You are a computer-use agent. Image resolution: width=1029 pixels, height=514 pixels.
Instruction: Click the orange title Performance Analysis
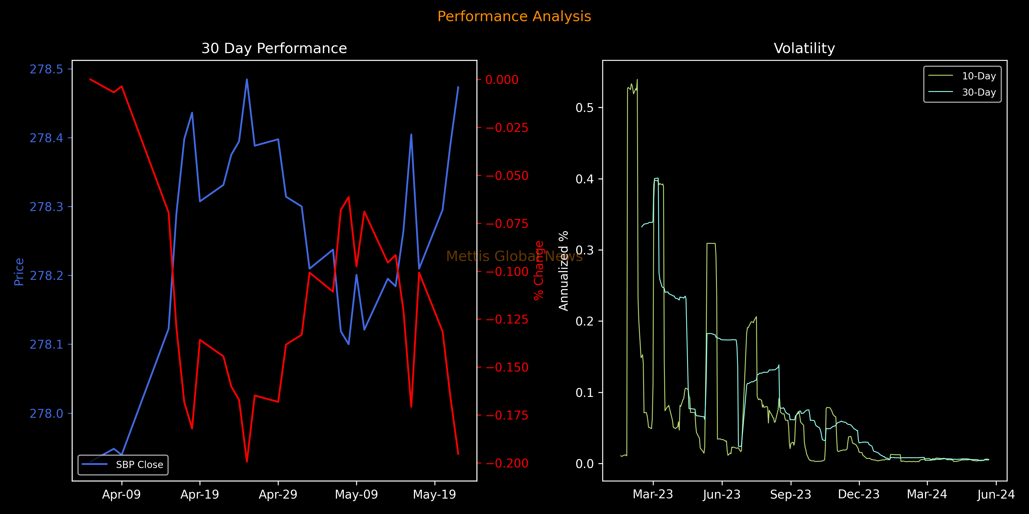coord(514,16)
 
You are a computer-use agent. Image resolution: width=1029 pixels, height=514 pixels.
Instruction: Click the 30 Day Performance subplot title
coord(274,48)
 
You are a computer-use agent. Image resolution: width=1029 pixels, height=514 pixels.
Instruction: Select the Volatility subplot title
coord(804,48)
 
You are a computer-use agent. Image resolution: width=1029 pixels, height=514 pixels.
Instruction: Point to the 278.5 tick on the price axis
coord(46,69)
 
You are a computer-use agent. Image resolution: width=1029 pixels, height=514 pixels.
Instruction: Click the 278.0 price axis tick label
coord(46,413)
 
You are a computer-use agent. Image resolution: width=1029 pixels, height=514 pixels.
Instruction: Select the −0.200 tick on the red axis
coord(507,463)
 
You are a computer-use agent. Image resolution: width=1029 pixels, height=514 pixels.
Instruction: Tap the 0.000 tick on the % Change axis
coord(502,80)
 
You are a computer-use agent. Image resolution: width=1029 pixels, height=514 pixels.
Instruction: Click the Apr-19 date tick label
coord(200,495)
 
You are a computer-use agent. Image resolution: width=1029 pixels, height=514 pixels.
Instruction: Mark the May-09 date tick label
coord(356,495)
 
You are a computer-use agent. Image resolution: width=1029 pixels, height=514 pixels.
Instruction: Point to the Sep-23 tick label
coord(791,495)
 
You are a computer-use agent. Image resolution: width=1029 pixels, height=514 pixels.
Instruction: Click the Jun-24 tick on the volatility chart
coord(996,495)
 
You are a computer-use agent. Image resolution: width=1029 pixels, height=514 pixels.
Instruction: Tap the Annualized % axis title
coord(563,271)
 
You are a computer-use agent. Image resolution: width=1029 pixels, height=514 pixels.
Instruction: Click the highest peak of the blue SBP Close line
coord(247,79)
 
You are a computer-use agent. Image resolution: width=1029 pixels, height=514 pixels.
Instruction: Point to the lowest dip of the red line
coord(247,462)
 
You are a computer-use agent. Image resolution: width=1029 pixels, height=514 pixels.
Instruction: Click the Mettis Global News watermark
coord(514,256)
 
